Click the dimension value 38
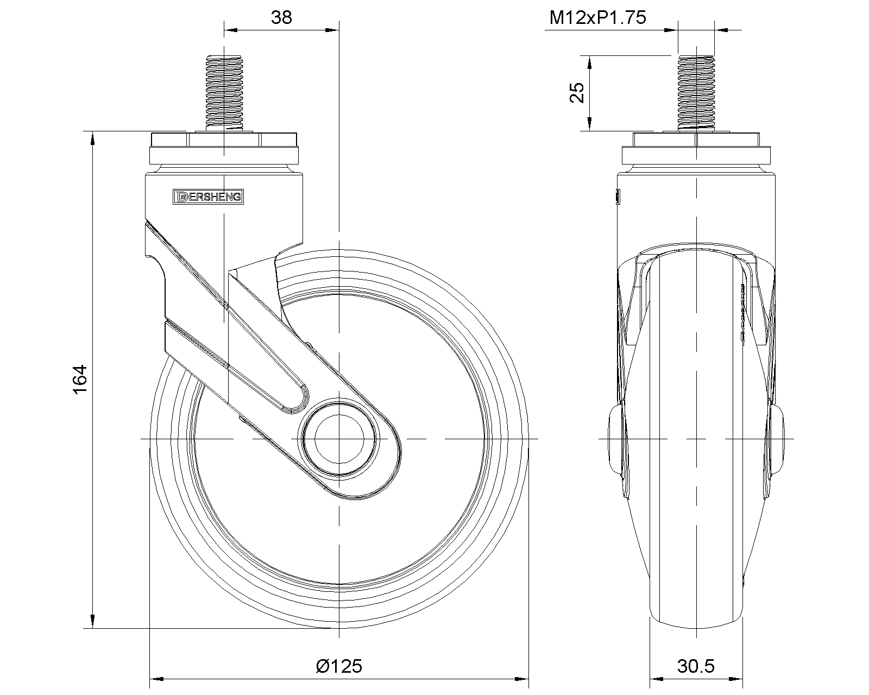tap(281, 17)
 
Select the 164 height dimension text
tap(80, 379)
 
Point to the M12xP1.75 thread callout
tap(597, 17)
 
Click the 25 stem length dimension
tap(577, 92)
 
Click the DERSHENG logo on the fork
tap(208, 197)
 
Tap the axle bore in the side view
tap(339, 439)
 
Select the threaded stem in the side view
tap(224, 92)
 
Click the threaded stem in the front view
tap(696, 92)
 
